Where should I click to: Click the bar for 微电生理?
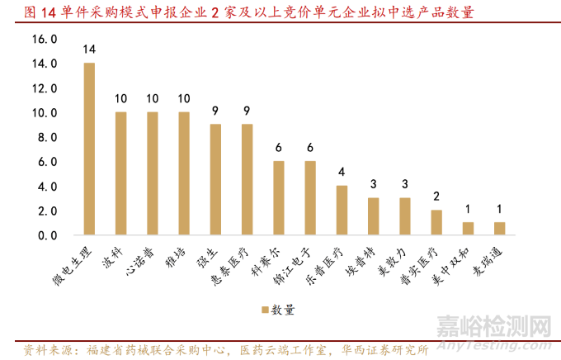pyautogui.click(x=89, y=149)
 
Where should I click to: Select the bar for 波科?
pyautogui.click(x=120, y=173)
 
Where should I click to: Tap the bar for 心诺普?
pyautogui.click(x=153, y=173)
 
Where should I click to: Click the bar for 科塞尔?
pyautogui.click(x=279, y=198)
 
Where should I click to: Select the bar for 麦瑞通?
pyautogui.click(x=501, y=229)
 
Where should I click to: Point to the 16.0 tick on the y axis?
pyautogui.click(x=45, y=39)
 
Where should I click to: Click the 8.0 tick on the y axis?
pyautogui.click(x=46, y=137)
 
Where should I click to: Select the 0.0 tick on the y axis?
pyautogui.click(x=46, y=235)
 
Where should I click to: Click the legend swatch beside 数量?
pyautogui.click(x=266, y=310)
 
